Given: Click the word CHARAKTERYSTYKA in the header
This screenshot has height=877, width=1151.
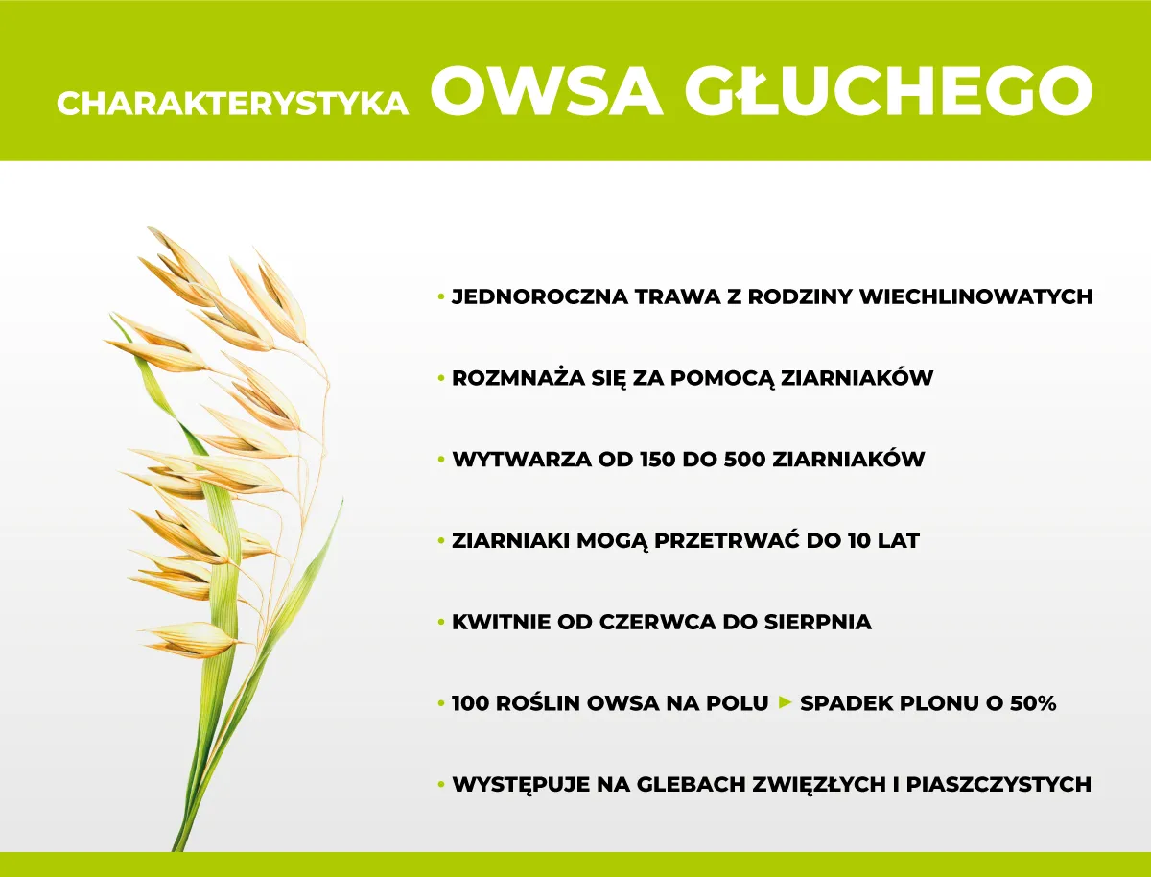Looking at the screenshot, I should pyautogui.click(x=233, y=104).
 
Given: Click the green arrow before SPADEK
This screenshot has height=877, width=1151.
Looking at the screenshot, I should pyautogui.click(x=784, y=703).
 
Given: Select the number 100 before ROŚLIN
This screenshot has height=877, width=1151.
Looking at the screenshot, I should pyautogui.click(x=474, y=703).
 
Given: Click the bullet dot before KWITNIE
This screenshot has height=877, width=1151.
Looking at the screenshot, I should pyautogui.click(x=441, y=623).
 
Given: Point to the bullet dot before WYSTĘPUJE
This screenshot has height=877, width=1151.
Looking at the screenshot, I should pyautogui.click(x=441, y=785).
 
